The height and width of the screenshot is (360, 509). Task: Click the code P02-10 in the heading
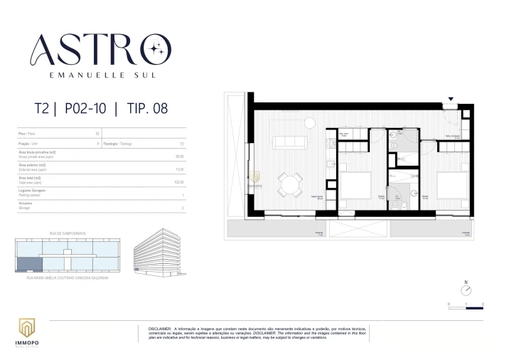pyautogui.click(x=85, y=110)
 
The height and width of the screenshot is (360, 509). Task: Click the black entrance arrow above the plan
pyautogui.click(x=450, y=100)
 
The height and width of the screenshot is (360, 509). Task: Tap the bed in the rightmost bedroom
pyautogui.click(x=452, y=186)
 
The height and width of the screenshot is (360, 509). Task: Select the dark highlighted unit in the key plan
pyautogui.click(x=28, y=263)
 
